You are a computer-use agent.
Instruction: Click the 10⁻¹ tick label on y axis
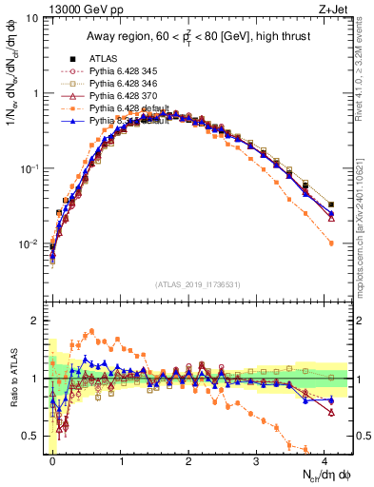click(29, 168)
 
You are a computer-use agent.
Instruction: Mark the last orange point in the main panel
click(331, 243)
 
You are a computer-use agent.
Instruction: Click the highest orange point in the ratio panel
click(91, 331)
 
